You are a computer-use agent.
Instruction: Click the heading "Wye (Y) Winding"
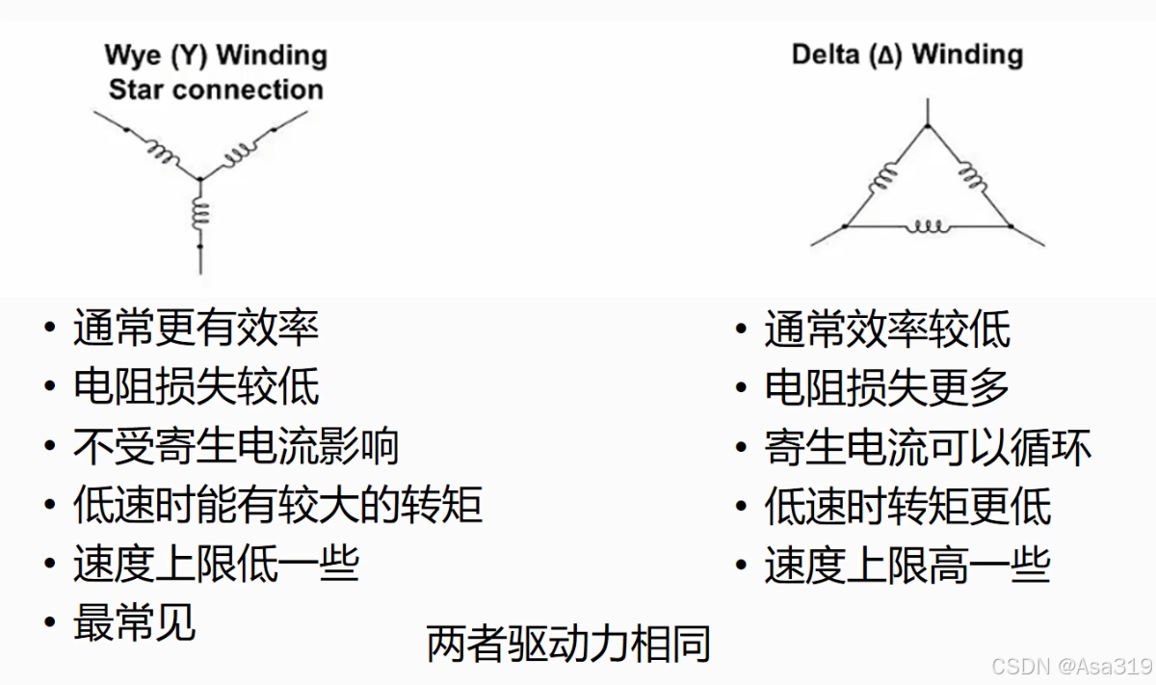[x=216, y=55]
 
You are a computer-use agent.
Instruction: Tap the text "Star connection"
[x=216, y=90]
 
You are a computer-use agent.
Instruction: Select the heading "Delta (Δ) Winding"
[x=906, y=54]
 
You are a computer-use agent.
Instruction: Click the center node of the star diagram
[x=200, y=178]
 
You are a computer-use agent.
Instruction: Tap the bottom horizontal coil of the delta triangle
[x=929, y=227]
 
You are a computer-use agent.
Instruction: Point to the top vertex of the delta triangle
[x=928, y=126]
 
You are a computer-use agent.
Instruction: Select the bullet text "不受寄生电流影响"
[x=236, y=447]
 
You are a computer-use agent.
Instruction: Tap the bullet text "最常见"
[x=135, y=623]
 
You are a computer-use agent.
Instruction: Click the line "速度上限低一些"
[x=216, y=565]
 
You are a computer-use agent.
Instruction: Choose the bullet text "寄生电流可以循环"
[x=928, y=449]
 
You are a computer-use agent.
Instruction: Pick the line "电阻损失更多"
[x=887, y=388]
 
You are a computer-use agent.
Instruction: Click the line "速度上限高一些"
[x=906, y=566]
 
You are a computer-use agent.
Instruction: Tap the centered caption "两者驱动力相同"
[x=568, y=644]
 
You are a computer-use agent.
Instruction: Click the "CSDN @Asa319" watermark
[x=1071, y=667]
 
